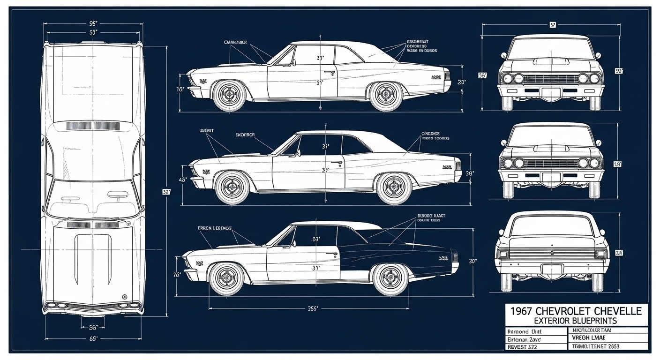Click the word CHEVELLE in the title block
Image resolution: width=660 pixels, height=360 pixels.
pos(616,310)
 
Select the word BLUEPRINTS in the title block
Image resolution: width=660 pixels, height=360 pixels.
pos(592,321)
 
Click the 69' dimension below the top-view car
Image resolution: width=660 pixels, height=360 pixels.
pos(93,338)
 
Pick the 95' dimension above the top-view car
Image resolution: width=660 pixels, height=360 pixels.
pos(93,22)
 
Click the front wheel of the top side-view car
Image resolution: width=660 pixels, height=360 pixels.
pos(229,95)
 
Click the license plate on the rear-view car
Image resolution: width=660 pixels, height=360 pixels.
pos(552,269)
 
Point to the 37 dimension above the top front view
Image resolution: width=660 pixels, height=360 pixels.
pos(552,25)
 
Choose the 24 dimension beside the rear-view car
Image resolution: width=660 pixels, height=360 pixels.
pos(619,253)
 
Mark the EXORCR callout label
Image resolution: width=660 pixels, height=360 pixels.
pos(245,135)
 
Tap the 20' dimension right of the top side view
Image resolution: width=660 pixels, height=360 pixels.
pos(461,82)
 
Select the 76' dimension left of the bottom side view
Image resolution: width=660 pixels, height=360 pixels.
pos(177,275)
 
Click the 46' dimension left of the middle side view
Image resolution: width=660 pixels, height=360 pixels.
pos(183,180)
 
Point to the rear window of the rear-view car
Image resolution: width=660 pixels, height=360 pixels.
pos(552,226)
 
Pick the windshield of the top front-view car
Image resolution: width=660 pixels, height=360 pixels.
pos(551,49)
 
